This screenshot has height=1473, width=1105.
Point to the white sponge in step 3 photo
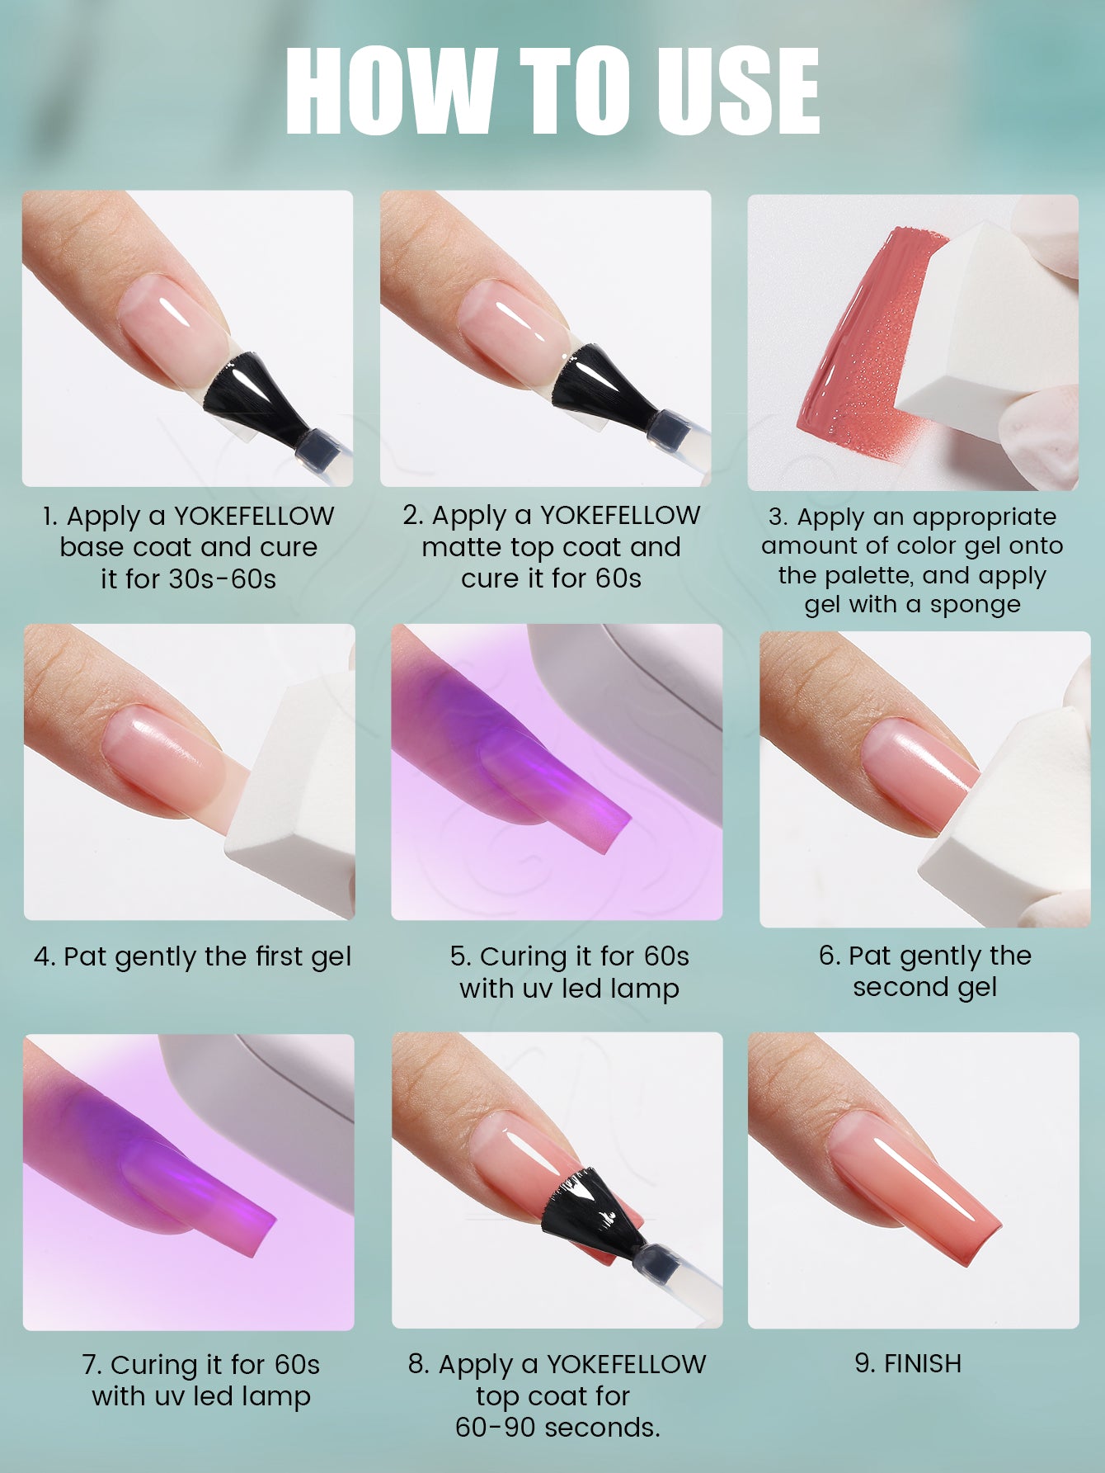(x=990, y=330)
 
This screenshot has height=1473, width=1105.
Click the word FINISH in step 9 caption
(x=922, y=1363)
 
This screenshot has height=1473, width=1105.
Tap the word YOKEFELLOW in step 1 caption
(x=254, y=516)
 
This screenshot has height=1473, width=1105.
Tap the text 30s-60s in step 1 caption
(x=223, y=579)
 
